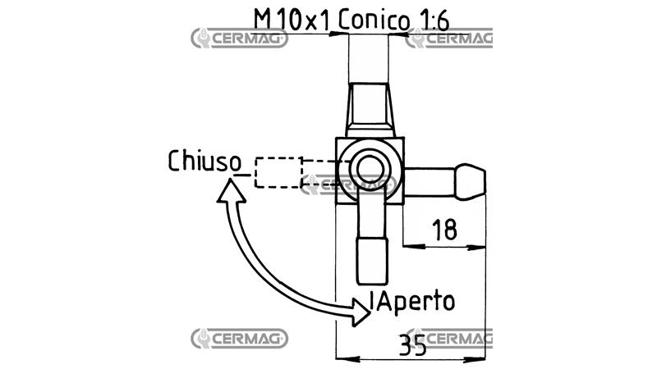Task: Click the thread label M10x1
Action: click(292, 20)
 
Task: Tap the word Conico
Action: click(374, 20)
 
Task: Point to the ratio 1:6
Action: click(434, 20)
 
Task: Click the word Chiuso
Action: click(204, 161)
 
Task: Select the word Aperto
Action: click(416, 301)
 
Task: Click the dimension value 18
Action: click(444, 230)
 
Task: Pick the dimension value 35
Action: click(413, 344)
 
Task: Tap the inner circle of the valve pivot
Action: click(370, 170)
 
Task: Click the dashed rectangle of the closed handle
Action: click(278, 172)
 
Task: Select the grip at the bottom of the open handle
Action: click(372, 261)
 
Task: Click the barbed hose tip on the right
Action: click(470, 181)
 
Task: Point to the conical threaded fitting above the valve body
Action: click(370, 111)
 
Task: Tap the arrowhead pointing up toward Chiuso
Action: click(232, 191)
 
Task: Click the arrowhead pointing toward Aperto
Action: click(361, 312)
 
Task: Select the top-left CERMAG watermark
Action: click(239, 39)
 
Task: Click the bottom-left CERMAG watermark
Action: click(239, 339)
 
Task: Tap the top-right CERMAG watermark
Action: click(449, 39)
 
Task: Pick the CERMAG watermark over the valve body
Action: click(348, 185)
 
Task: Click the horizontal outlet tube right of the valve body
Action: click(430, 182)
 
